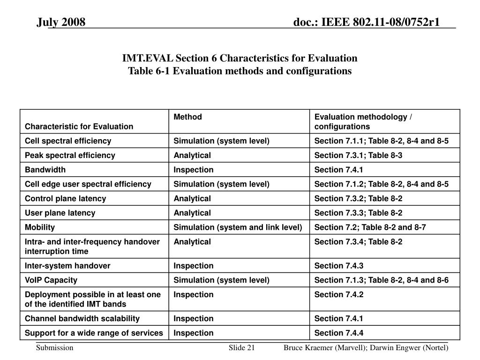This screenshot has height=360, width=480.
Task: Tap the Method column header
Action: [187, 117]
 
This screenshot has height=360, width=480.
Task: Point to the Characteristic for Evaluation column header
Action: [79, 127]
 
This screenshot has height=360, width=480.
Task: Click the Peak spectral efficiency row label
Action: [70, 155]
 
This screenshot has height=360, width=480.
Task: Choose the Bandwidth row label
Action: [45, 170]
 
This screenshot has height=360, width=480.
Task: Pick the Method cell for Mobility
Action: [238, 227]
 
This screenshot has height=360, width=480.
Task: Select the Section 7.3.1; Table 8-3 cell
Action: [358, 155]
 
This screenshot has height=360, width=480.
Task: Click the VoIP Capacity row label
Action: [51, 280]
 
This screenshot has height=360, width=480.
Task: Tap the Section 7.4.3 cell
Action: [338, 266]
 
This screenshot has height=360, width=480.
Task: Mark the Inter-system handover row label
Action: [67, 266]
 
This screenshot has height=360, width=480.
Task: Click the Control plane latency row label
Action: [65, 198]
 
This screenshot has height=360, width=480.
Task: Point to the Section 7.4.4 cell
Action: [338, 333]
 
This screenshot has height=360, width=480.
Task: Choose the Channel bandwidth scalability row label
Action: [82, 319]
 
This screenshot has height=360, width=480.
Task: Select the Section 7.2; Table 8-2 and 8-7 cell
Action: [370, 227]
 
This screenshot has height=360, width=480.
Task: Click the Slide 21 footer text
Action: [241, 348]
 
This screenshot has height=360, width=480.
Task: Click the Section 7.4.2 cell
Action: [338, 295]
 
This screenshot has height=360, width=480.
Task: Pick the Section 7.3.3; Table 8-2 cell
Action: [358, 213]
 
